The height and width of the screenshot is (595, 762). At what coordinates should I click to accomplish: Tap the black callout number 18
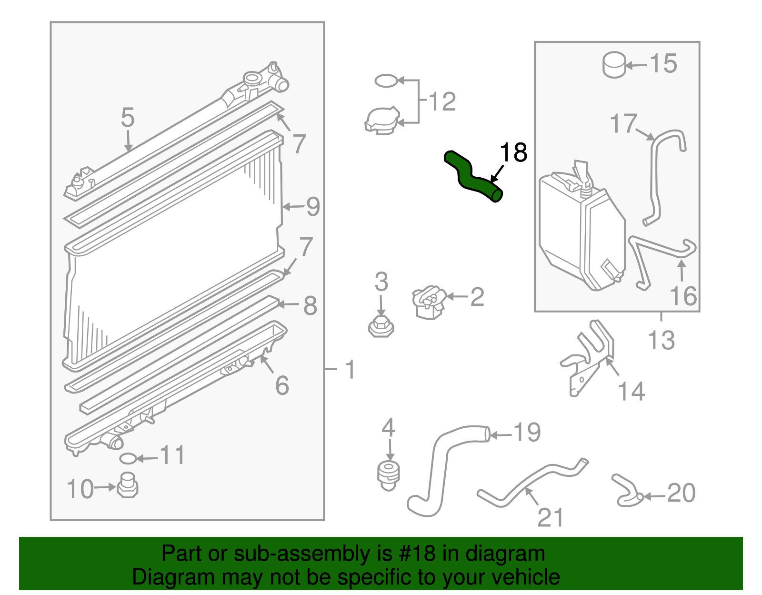(513, 153)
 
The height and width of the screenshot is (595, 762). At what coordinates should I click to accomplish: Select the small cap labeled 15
(614, 65)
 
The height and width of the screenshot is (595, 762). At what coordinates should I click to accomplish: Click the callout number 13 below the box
(661, 341)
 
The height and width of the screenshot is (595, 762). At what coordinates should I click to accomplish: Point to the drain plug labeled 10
(127, 485)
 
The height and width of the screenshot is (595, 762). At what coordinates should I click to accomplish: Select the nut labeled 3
(381, 326)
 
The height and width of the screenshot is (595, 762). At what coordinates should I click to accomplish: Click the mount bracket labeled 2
(429, 302)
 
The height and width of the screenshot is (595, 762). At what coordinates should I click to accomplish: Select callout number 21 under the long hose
(550, 517)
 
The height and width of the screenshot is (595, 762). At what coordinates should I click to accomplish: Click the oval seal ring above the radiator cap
(386, 81)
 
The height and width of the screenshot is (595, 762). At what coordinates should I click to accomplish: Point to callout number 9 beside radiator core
(312, 207)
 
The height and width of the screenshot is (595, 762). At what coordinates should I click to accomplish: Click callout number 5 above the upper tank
(128, 117)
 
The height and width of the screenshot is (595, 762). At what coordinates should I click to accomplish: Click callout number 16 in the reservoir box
(683, 296)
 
